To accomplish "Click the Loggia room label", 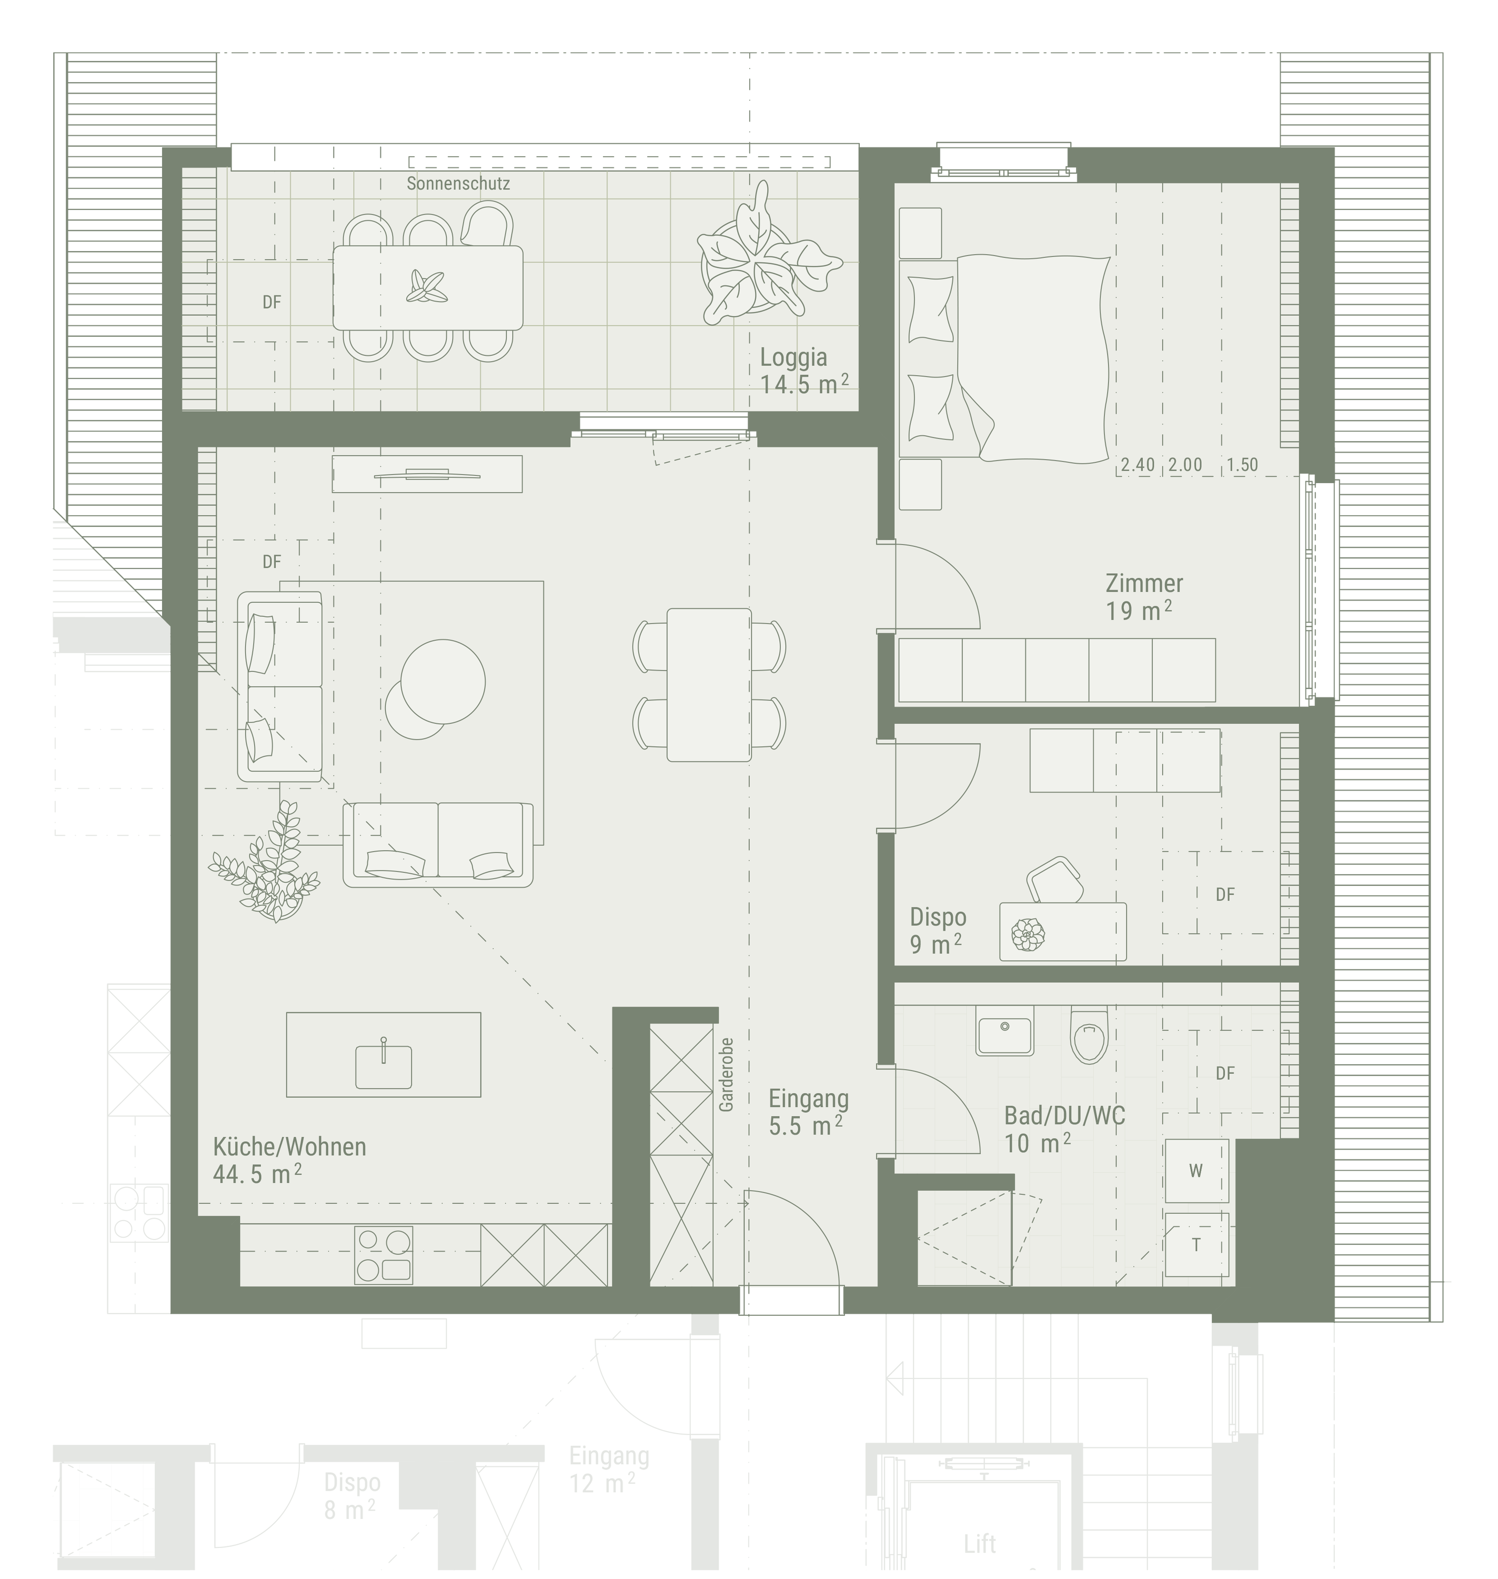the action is click(x=793, y=357).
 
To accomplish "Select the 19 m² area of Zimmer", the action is click(x=1139, y=612).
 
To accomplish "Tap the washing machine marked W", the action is click(x=1196, y=1171).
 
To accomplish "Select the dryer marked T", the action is click(x=1196, y=1244).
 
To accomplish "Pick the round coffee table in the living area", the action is click(x=443, y=681).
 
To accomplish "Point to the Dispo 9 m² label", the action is click(x=938, y=931).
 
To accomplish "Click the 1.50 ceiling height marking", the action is click(x=1242, y=465).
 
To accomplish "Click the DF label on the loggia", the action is click(x=272, y=303).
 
